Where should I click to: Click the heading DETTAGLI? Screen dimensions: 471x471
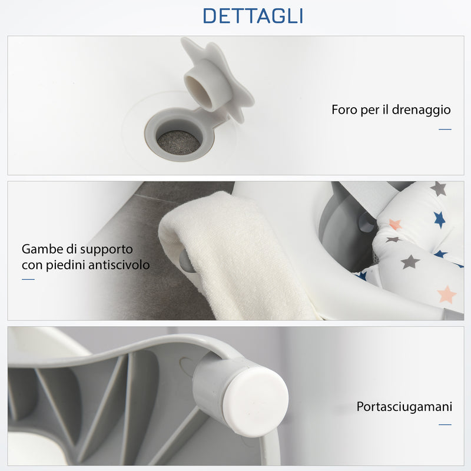click(x=253, y=16)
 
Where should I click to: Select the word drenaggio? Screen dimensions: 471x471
click(x=422, y=111)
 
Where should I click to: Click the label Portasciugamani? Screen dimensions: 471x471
click(x=404, y=407)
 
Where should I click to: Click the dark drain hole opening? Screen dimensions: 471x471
click(x=178, y=142)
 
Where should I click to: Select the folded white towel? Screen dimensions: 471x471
click(x=235, y=253)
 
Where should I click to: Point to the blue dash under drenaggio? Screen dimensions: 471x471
click(x=445, y=129)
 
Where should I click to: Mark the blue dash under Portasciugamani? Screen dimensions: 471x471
click(x=445, y=424)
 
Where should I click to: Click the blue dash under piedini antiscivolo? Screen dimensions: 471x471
click(x=28, y=279)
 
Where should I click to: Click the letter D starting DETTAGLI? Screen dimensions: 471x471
click(x=211, y=16)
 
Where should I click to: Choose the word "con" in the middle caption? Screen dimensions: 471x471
click(x=32, y=265)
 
